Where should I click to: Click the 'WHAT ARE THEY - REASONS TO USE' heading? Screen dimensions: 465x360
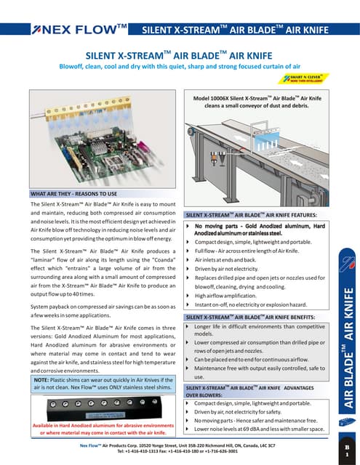(x=73, y=195)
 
